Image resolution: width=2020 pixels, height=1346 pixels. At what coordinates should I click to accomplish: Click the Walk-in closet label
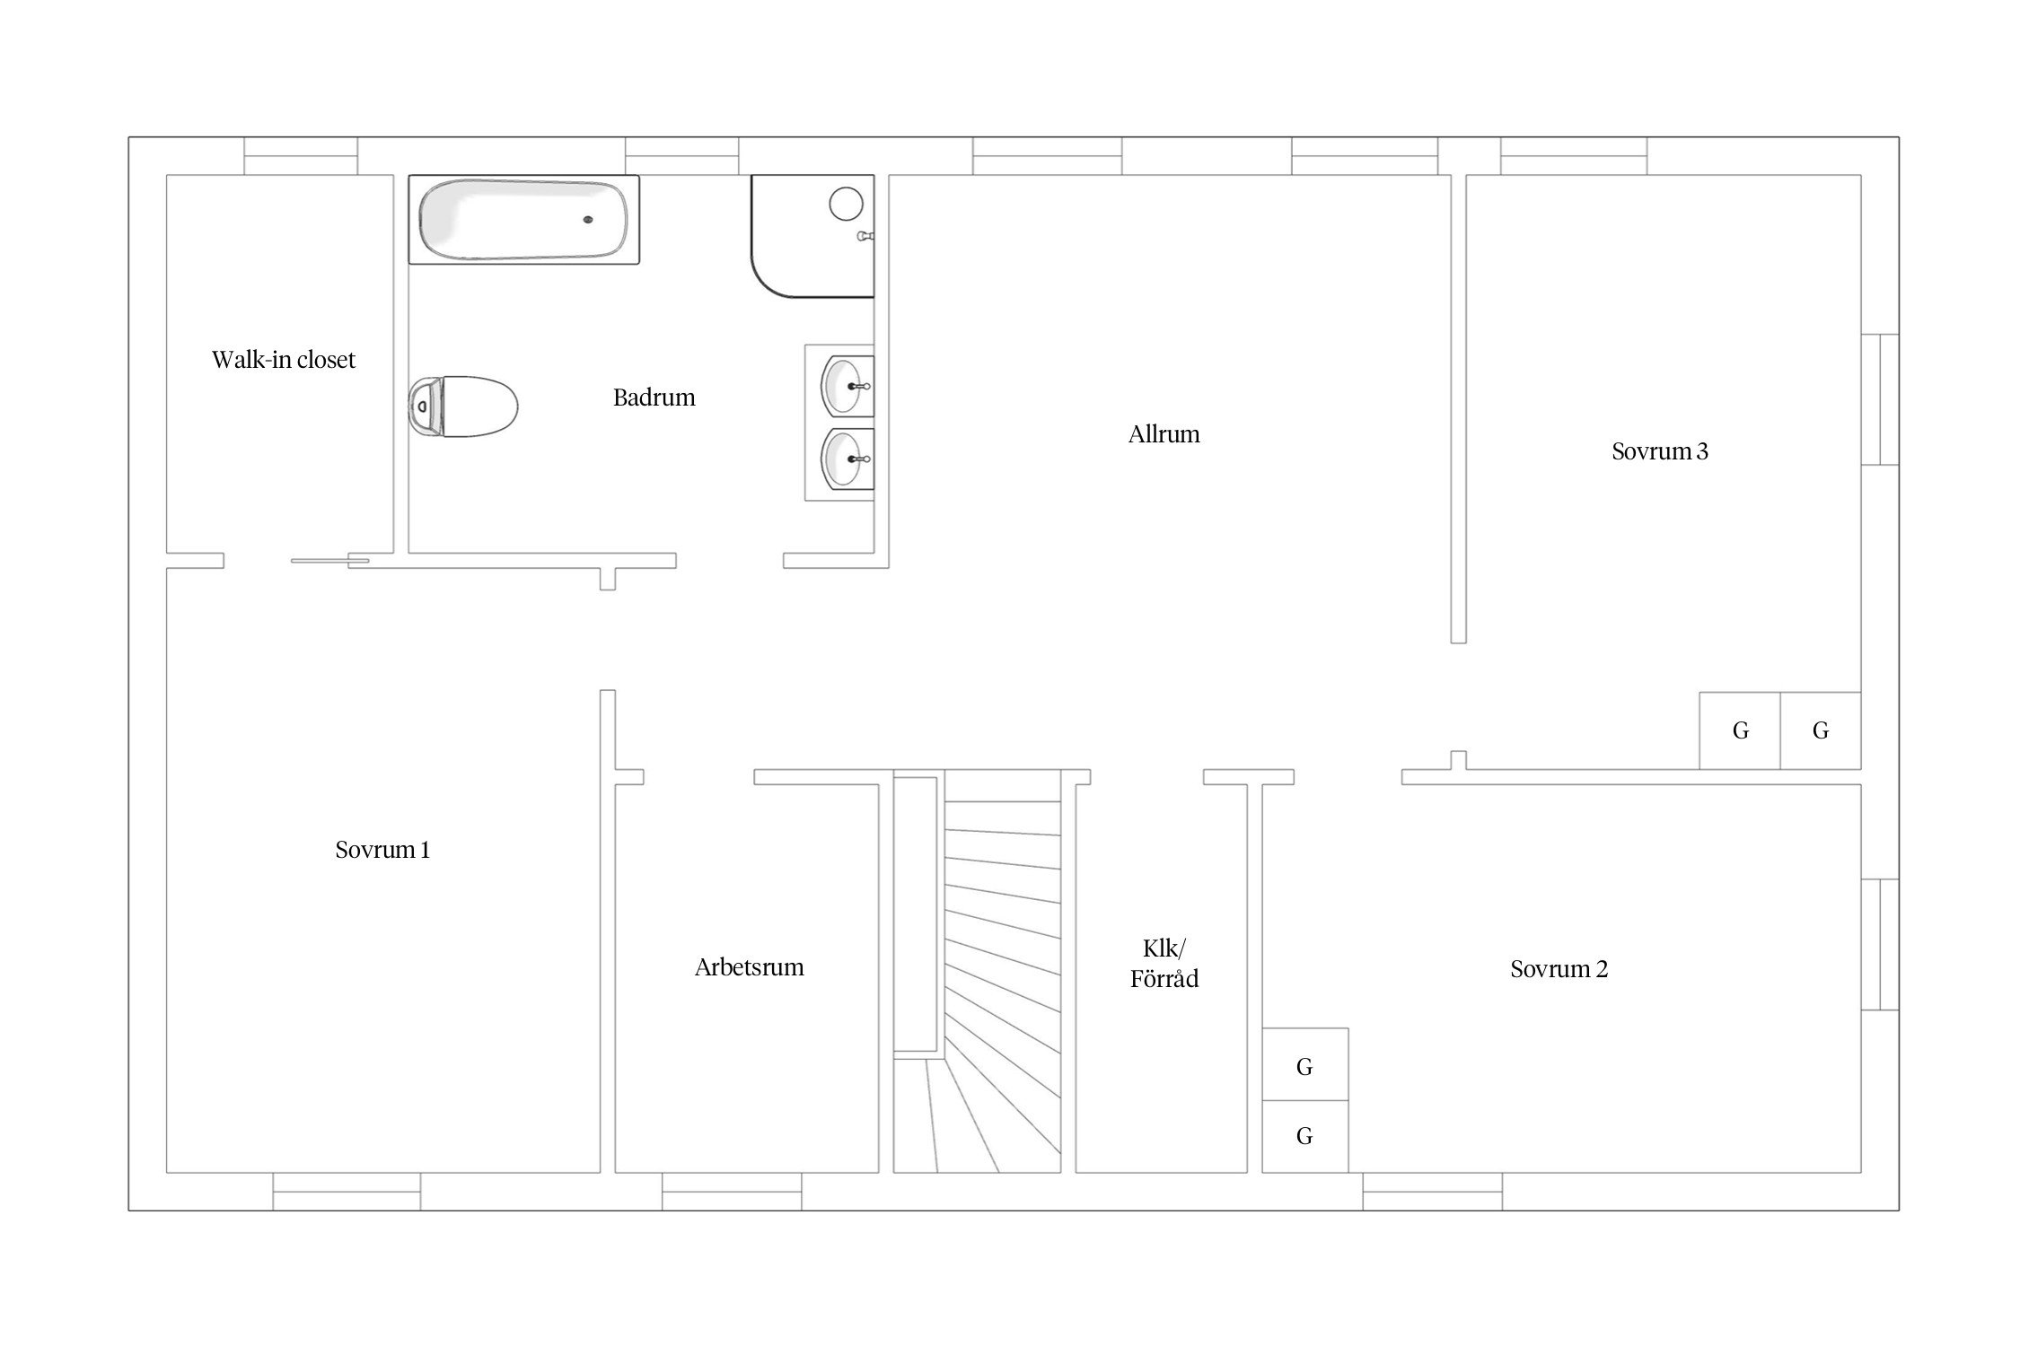pos(284,360)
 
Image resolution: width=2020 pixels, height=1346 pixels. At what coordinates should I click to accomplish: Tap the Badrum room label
pos(654,398)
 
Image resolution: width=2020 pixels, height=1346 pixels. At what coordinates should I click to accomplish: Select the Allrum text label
pos(1164,434)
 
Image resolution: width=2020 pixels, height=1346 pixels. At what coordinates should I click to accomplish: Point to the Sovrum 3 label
pos(1659,451)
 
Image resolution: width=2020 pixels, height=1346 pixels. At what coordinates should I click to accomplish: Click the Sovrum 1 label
pos(382,850)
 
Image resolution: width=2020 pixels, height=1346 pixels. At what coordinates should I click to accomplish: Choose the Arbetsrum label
pos(749,967)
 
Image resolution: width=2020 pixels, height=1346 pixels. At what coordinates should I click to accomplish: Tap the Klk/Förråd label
pos(1164,964)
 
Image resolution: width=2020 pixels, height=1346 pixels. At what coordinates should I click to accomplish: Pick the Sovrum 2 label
pos(1559,969)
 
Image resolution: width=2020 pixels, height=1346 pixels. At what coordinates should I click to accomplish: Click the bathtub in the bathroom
pos(523,220)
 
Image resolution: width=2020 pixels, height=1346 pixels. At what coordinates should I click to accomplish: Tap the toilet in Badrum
pos(463,406)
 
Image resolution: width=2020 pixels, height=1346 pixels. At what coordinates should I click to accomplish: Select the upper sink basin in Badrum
pos(847,386)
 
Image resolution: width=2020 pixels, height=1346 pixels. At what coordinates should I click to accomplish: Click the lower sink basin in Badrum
pos(847,459)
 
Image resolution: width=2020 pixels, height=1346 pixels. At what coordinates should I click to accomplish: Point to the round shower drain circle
pos(846,205)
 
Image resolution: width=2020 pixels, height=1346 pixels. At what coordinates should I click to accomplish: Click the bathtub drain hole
pos(588,219)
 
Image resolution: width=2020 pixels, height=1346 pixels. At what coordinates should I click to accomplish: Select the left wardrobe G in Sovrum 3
pos(1740,730)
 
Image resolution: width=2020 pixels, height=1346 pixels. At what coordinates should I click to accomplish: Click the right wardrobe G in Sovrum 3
pos(1821,730)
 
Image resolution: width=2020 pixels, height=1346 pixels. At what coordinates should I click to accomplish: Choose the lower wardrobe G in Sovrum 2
pos(1305,1136)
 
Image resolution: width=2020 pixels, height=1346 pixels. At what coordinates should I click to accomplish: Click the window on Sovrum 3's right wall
pos(1880,399)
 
